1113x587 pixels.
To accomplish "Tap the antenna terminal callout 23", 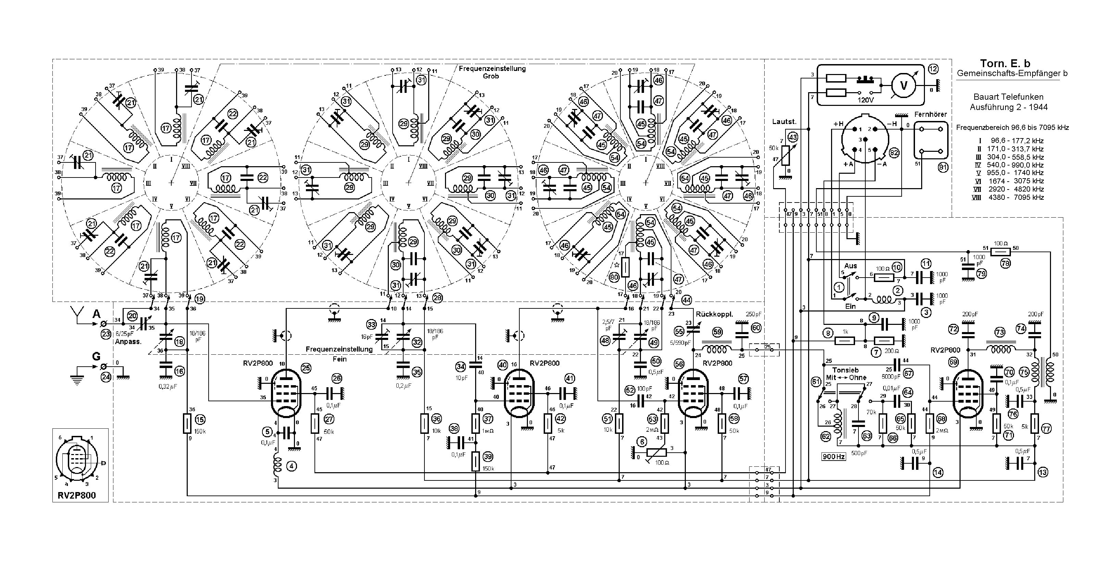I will coord(106,333).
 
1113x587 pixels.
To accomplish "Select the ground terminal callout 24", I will coord(106,377).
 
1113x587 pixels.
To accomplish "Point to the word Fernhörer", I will coord(930,114).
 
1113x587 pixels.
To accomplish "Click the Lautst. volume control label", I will coord(784,122).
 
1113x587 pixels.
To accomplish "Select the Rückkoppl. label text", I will coord(714,314).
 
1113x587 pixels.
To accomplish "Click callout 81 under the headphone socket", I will coord(942,167).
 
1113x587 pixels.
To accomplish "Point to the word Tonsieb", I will coord(845,370).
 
